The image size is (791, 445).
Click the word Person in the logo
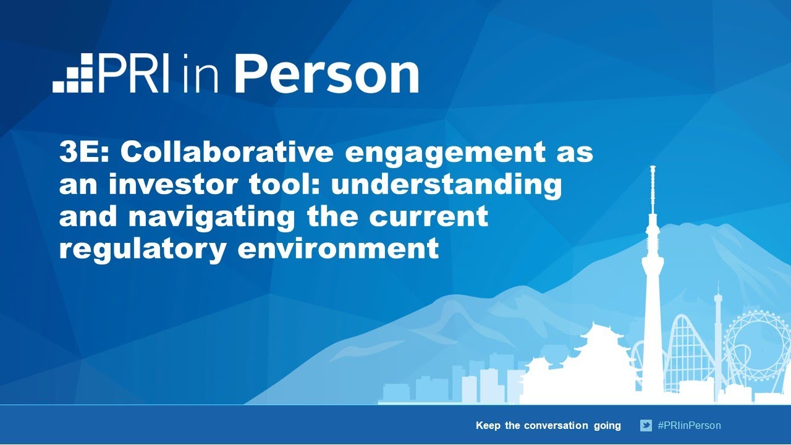[326, 75]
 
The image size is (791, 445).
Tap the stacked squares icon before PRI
[73, 74]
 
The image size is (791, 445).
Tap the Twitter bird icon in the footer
[646, 425]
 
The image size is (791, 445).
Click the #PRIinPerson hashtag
[689, 425]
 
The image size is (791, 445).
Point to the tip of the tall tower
[653, 168]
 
